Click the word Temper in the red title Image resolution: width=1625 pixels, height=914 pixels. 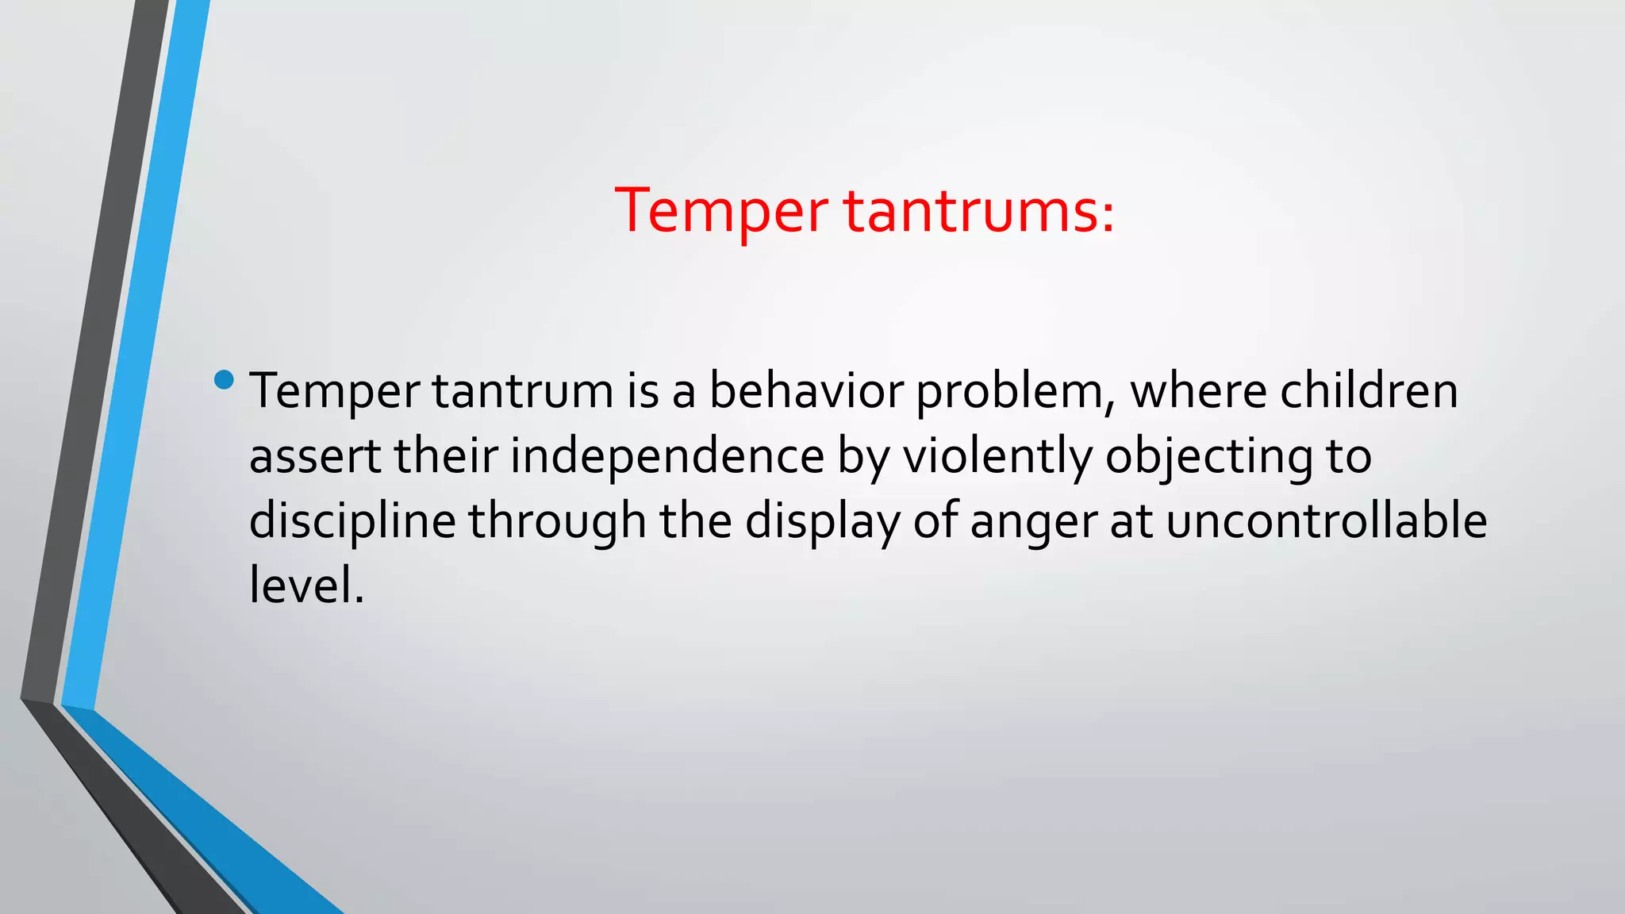(721, 212)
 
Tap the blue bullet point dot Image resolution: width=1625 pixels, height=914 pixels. (225, 380)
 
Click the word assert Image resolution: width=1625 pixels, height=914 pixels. (315, 456)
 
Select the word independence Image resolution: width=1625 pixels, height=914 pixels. (667, 458)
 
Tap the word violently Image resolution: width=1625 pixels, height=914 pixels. (997, 458)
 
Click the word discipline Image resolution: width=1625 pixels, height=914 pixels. (352, 523)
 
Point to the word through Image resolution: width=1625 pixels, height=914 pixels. (557, 523)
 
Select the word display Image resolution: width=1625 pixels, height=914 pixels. (822, 523)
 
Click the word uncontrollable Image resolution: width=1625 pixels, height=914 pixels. (1326, 521)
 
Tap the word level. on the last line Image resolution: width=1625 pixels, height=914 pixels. (306, 586)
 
